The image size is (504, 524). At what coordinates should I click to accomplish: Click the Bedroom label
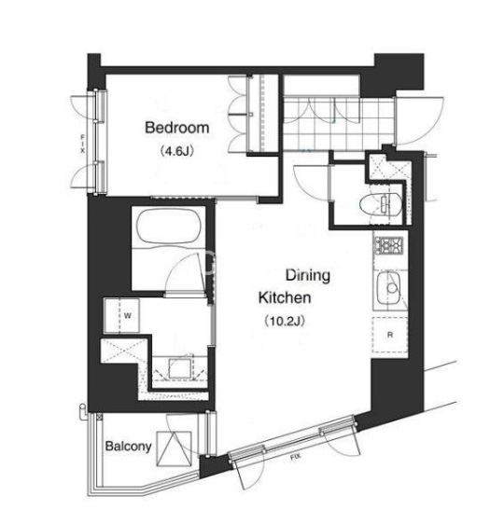(177, 128)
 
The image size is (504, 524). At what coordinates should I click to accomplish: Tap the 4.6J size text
(176, 151)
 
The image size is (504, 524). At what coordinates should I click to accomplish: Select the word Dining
(308, 276)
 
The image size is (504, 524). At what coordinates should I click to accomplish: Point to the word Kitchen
(285, 297)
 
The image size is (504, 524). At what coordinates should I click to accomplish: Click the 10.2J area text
(285, 321)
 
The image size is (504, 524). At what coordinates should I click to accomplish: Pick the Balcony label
(128, 447)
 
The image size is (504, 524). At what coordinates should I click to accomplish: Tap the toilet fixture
(380, 203)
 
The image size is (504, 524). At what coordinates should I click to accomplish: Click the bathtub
(169, 228)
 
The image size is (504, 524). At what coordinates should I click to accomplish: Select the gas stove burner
(389, 244)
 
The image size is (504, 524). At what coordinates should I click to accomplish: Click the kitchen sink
(389, 288)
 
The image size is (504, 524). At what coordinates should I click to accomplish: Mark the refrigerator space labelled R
(389, 335)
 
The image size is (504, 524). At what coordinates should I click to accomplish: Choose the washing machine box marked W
(122, 315)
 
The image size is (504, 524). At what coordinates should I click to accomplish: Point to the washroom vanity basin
(181, 368)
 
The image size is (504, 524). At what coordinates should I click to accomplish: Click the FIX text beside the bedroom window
(82, 144)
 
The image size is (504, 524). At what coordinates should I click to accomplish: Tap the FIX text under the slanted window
(295, 458)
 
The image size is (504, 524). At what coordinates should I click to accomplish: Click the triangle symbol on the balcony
(175, 448)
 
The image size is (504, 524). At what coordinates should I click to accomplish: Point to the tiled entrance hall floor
(339, 123)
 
